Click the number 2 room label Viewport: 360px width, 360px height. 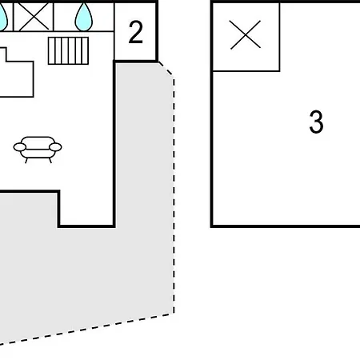point(136,32)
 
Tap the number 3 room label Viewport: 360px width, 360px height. point(316,122)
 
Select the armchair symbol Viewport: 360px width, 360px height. point(38,150)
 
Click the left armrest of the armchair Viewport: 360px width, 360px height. point(20,147)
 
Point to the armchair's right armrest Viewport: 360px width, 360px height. point(55,147)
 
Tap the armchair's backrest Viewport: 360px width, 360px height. point(38,142)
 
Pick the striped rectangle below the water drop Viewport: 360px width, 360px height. point(68,50)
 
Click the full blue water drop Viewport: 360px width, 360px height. point(84,18)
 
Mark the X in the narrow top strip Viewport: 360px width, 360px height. point(34,17)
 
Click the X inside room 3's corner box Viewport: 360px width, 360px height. point(246,34)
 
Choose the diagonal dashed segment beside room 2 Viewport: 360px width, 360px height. point(166,70)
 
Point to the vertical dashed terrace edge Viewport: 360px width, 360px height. point(174,195)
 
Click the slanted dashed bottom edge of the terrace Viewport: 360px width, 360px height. point(87,329)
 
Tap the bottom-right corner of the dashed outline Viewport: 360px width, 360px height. point(174,314)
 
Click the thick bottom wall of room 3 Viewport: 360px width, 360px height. point(286,226)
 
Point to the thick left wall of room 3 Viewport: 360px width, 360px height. point(212,114)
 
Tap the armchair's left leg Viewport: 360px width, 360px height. point(26,160)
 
